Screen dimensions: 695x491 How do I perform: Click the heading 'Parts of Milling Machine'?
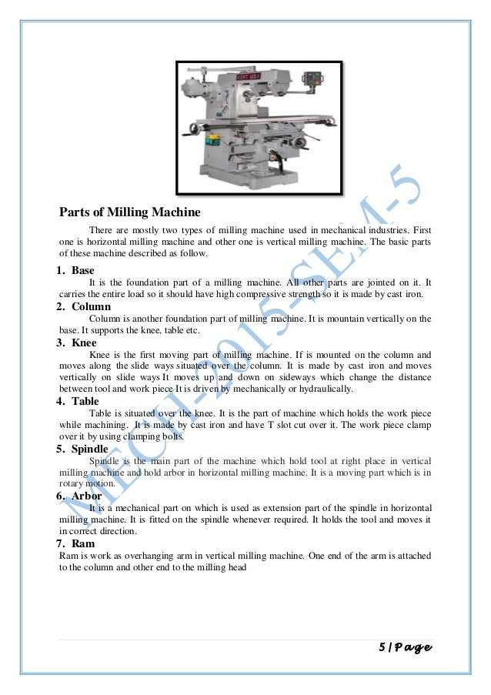click(130, 212)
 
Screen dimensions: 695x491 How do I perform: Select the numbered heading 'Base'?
click(82, 271)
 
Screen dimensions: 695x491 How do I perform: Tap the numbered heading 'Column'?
click(91, 306)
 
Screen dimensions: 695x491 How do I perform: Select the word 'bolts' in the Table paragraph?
click(172, 436)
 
